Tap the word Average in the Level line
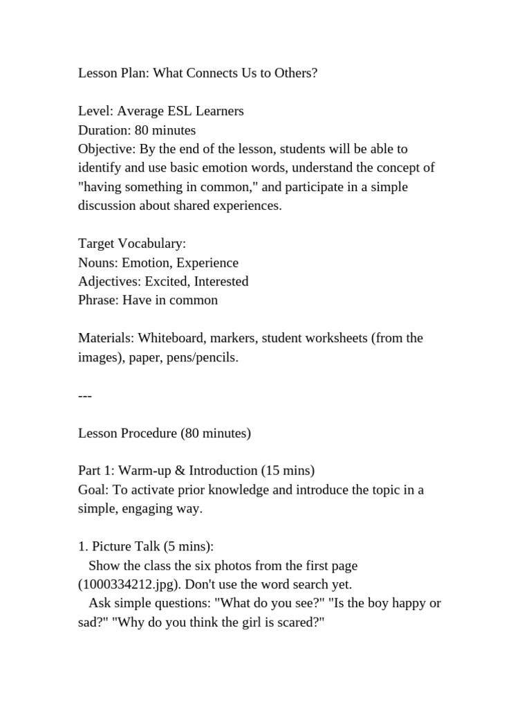click(141, 111)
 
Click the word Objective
click(107, 149)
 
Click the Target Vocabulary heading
click(132, 244)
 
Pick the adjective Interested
click(221, 282)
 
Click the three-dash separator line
click(84, 395)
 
